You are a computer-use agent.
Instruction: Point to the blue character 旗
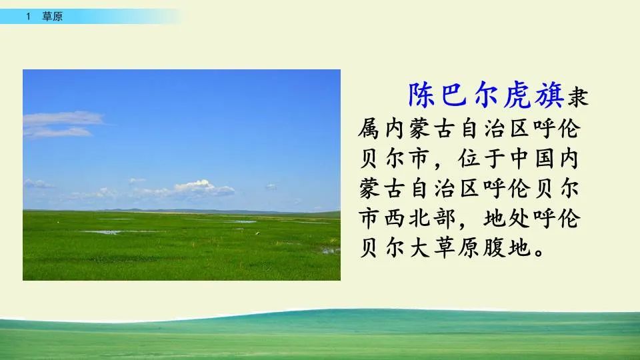(x=549, y=95)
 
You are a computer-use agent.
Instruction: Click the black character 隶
(x=578, y=97)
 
